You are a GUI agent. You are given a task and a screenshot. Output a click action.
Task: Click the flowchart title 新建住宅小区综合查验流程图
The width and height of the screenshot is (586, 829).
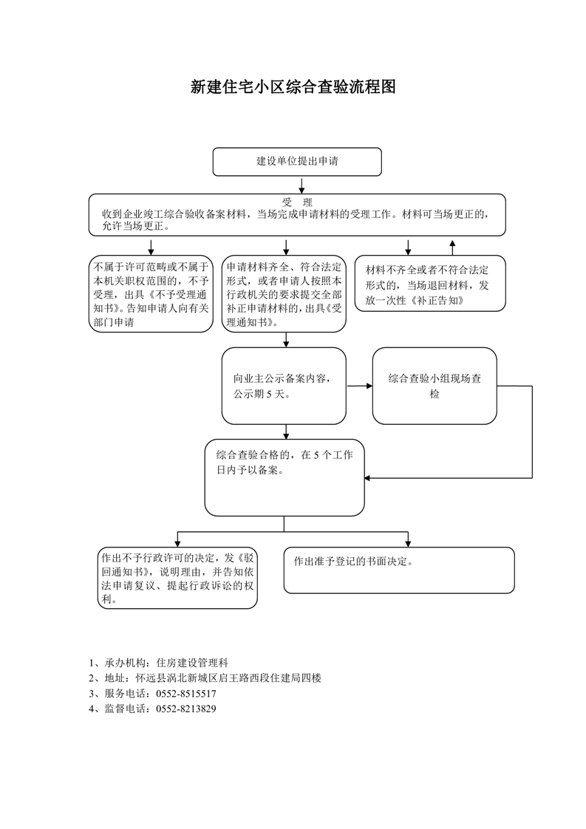pyautogui.click(x=293, y=86)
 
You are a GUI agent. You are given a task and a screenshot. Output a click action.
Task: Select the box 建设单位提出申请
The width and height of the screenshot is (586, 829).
pyautogui.click(x=297, y=162)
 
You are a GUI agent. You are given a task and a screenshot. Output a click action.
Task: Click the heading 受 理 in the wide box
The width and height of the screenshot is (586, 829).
pyautogui.click(x=297, y=202)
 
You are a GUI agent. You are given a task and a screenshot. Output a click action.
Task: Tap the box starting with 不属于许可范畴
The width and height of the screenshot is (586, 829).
pyautogui.click(x=151, y=294)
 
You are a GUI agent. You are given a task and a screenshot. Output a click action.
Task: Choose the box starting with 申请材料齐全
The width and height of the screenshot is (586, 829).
pyautogui.click(x=284, y=294)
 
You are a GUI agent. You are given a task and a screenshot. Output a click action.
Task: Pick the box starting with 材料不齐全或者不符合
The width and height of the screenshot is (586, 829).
pyautogui.click(x=430, y=284)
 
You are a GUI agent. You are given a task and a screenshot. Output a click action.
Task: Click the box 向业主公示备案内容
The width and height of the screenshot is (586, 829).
pyautogui.click(x=284, y=386)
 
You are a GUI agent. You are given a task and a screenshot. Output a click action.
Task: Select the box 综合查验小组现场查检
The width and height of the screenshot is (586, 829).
pyautogui.click(x=435, y=386)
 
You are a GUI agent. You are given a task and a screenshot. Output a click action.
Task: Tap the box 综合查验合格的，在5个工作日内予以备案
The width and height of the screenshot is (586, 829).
pyautogui.click(x=285, y=477)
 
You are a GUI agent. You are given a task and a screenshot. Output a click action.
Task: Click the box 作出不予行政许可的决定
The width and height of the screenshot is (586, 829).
pyautogui.click(x=177, y=578)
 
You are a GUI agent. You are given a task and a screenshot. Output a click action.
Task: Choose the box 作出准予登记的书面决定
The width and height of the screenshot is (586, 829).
pyautogui.click(x=399, y=570)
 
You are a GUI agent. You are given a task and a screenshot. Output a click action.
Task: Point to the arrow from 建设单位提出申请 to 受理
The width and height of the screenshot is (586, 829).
pyautogui.click(x=302, y=185)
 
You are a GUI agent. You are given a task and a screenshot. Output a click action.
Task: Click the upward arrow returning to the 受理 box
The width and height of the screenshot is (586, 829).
pyautogui.click(x=452, y=248)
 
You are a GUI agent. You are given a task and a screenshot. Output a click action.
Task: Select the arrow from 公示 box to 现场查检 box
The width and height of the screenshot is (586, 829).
pyautogui.click(x=360, y=386)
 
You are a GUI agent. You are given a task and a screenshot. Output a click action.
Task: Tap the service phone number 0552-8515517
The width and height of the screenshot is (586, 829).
pyautogui.click(x=186, y=694)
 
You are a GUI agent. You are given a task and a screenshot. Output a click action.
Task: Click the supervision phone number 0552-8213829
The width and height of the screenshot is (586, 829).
pyautogui.click(x=186, y=709)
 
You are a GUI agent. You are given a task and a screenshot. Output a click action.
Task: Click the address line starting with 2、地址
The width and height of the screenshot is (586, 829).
pyautogui.click(x=205, y=678)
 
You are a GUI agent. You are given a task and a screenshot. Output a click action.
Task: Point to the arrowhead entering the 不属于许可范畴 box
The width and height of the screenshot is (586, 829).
pyautogui.click(x=151, y=252)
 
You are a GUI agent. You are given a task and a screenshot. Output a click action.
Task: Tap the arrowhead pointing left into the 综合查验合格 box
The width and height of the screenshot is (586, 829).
pyautogui.click(x=368, y=478)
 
